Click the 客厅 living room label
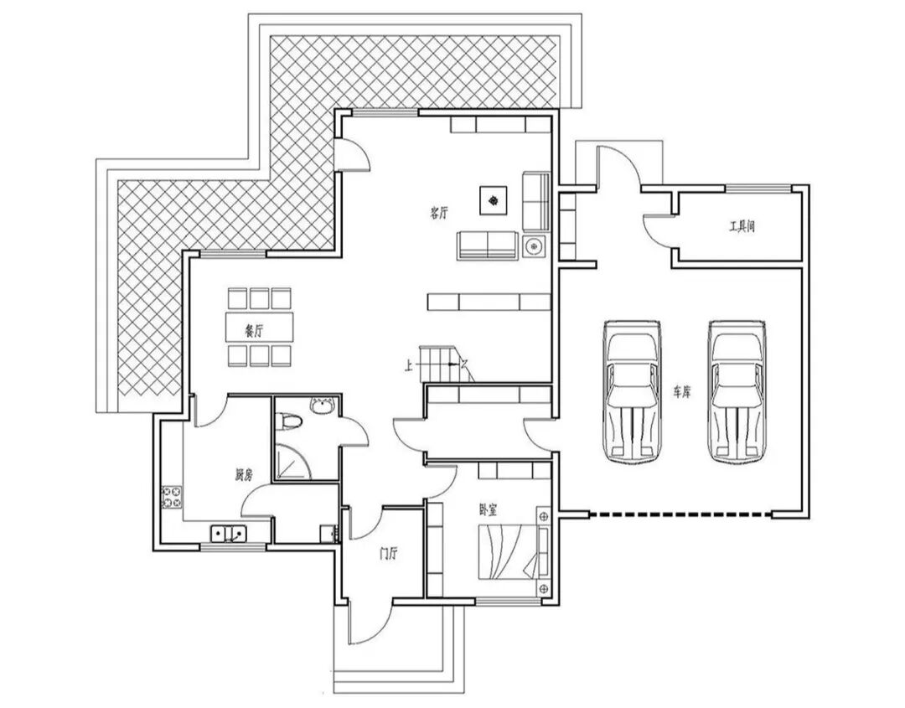click(x=439, y=213)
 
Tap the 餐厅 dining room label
click(x=254, y=330)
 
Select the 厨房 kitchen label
click(x=244, y=475)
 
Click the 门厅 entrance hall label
click(x=388, y=553)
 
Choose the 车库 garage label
click(x=681, y=391)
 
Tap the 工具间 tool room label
click(x=742, y=226)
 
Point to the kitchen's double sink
click(x=228, y=531)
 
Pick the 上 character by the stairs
click(x=408, y=364)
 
